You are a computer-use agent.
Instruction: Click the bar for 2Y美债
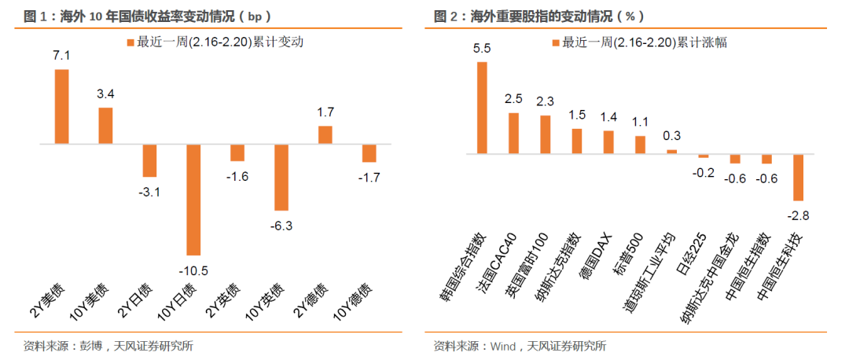[62, 107]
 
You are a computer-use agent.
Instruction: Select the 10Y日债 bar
[193, 200]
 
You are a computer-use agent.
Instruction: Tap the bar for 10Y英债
[281, 178]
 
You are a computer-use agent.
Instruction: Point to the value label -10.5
[193, 270]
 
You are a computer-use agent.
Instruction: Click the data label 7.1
[62, 55]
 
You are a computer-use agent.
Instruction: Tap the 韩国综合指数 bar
[482, 108]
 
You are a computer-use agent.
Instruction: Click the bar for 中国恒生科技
[798, 178]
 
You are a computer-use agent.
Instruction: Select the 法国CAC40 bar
[513, 134]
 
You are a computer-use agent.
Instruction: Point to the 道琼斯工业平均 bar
[671, 152]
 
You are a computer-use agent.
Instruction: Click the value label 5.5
[482, 48]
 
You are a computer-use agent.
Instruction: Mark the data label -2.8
[798, 216]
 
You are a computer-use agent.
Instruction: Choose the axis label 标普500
[628, 255]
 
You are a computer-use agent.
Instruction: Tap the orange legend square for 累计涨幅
[555, 42]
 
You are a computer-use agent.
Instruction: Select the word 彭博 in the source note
[89, 346]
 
